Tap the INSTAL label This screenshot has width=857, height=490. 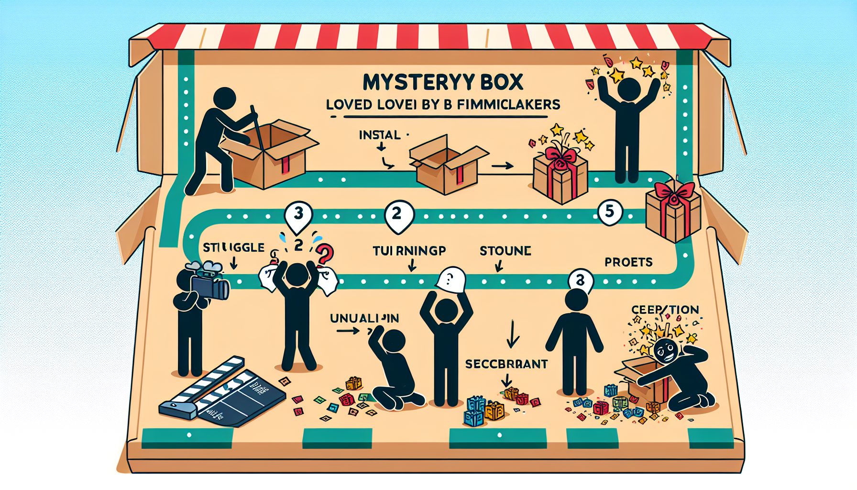[379, 135]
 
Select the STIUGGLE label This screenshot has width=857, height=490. [233, 247]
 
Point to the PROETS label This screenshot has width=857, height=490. [628, 262]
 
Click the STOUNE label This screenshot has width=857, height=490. [505, 251]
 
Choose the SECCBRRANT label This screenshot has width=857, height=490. [506, 364]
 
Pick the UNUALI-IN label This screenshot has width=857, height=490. [364, 318]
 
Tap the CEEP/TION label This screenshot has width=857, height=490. [665, 310]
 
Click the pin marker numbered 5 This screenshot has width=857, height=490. [609, 211]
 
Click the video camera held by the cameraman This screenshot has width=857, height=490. [209, 284]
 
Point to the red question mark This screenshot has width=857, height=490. [324, 253]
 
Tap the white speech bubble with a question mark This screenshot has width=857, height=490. [451, 279]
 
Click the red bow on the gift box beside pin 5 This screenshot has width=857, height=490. [674, 191]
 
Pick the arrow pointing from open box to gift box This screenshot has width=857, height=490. [502, 166]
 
